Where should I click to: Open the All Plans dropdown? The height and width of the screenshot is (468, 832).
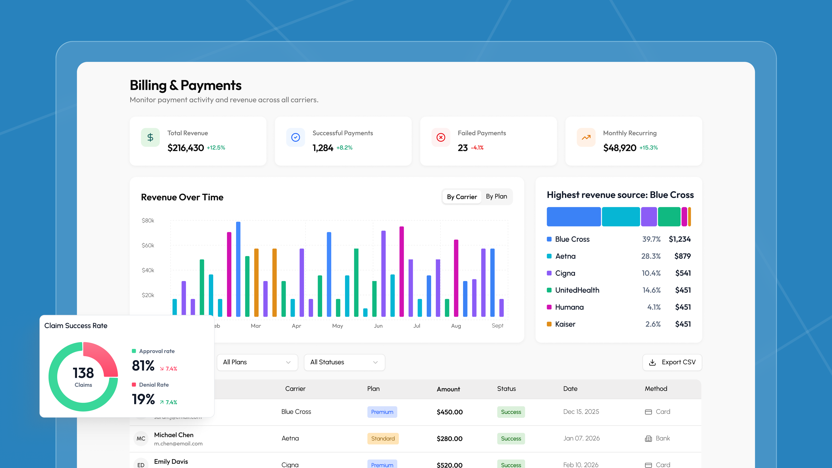click(257, 362)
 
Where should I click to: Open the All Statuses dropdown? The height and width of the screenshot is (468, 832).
click(344, 362)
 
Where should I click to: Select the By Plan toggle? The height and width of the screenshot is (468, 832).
click(496, 196)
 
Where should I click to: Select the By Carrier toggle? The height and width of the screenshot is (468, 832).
click(461, 197)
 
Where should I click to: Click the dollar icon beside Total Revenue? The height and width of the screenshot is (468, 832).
click(150, 138)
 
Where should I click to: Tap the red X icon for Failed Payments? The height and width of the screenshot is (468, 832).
click(440, 138)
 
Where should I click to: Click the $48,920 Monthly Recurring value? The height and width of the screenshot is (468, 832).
click(620, 148)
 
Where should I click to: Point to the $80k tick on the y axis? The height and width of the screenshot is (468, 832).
click(148, 220)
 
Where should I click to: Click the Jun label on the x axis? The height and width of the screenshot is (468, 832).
click(378, 326)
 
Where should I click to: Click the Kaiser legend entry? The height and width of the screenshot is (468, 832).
click(565, 324)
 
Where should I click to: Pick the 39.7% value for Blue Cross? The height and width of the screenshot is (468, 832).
click(651, 239)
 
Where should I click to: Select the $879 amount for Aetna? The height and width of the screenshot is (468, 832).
click(682, 256)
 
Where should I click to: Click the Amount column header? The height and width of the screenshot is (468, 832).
click(448, 389)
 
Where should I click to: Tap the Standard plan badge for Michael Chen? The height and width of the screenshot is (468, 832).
click(383, 439)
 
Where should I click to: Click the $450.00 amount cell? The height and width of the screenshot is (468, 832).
click(450, 412)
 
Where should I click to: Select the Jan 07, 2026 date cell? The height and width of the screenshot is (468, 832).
click(581, 438)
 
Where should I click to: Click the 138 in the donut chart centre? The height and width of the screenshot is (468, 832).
click(83, 373)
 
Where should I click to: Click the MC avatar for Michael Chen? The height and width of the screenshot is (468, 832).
click(141, 439)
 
